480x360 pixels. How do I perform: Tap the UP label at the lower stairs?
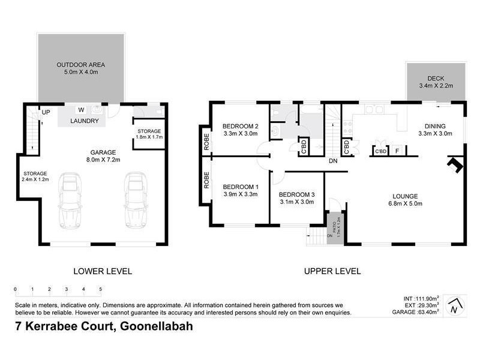[44, 112]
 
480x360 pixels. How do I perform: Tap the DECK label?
[435, 82]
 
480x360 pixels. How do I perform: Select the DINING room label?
[435, 130]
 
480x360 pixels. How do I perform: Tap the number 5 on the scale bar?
[100, 289]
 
